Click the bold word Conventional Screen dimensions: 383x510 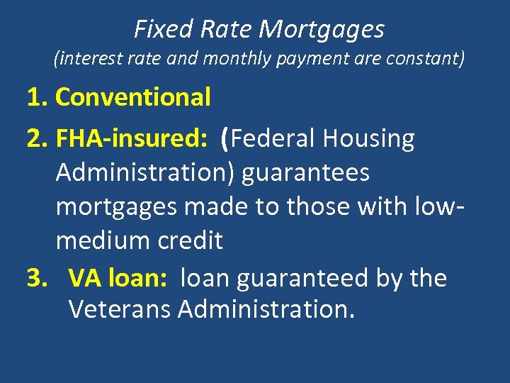click(133, 98)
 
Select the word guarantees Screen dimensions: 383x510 click(305, 173)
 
